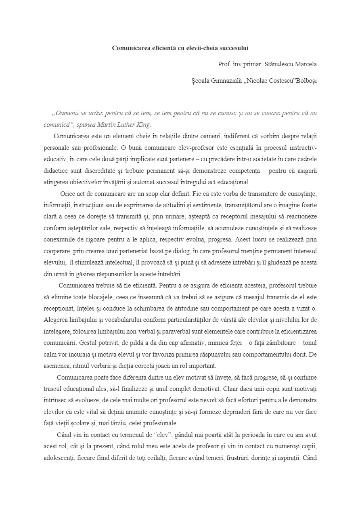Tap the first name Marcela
click(x=306, y=64)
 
